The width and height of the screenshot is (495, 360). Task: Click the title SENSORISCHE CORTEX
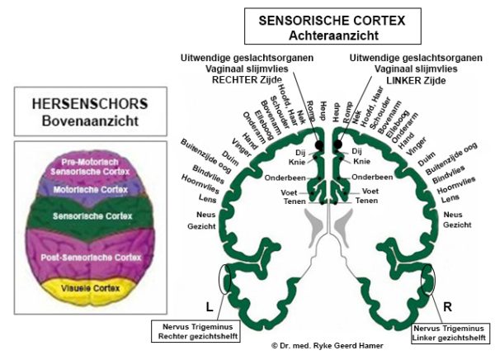(x=332, y=21)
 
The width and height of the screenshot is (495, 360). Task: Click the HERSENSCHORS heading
(x=90, y=104)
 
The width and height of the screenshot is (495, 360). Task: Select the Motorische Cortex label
(x=90, y=189)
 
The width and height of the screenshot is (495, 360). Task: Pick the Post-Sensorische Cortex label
(x=91, y=258)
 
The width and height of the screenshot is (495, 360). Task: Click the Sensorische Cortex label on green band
(x=92, y=216)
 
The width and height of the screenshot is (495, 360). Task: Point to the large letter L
(x=209, y=306)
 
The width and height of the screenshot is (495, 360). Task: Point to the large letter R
(x=447, y=306)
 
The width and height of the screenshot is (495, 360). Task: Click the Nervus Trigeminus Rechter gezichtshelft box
(x=196, y=331)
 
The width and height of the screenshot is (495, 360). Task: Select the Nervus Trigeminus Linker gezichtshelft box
(x=450, y=333)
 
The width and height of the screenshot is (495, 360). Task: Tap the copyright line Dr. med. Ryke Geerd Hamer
(x=328, y=346)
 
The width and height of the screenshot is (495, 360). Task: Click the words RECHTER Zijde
(x=247, y=80)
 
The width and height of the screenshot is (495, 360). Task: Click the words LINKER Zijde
(x=416, y=80)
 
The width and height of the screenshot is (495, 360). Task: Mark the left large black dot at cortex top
(x=319, y=145)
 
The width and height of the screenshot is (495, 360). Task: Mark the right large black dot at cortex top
(x=337, y=144)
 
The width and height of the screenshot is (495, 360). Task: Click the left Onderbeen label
(x=285, y=178)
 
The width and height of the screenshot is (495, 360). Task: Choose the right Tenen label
(x=366, y=201)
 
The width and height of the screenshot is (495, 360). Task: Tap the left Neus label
(x=205, y=215)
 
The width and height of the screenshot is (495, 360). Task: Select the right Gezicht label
(x=457, y=225)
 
